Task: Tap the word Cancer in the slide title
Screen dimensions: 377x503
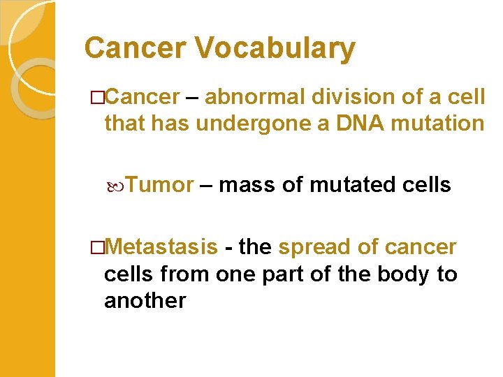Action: click(135, 49)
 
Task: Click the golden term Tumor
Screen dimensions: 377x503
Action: click(160, 185)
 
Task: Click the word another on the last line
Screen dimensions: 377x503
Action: click(145, 301)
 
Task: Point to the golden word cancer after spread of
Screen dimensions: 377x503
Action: click(421, 247)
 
